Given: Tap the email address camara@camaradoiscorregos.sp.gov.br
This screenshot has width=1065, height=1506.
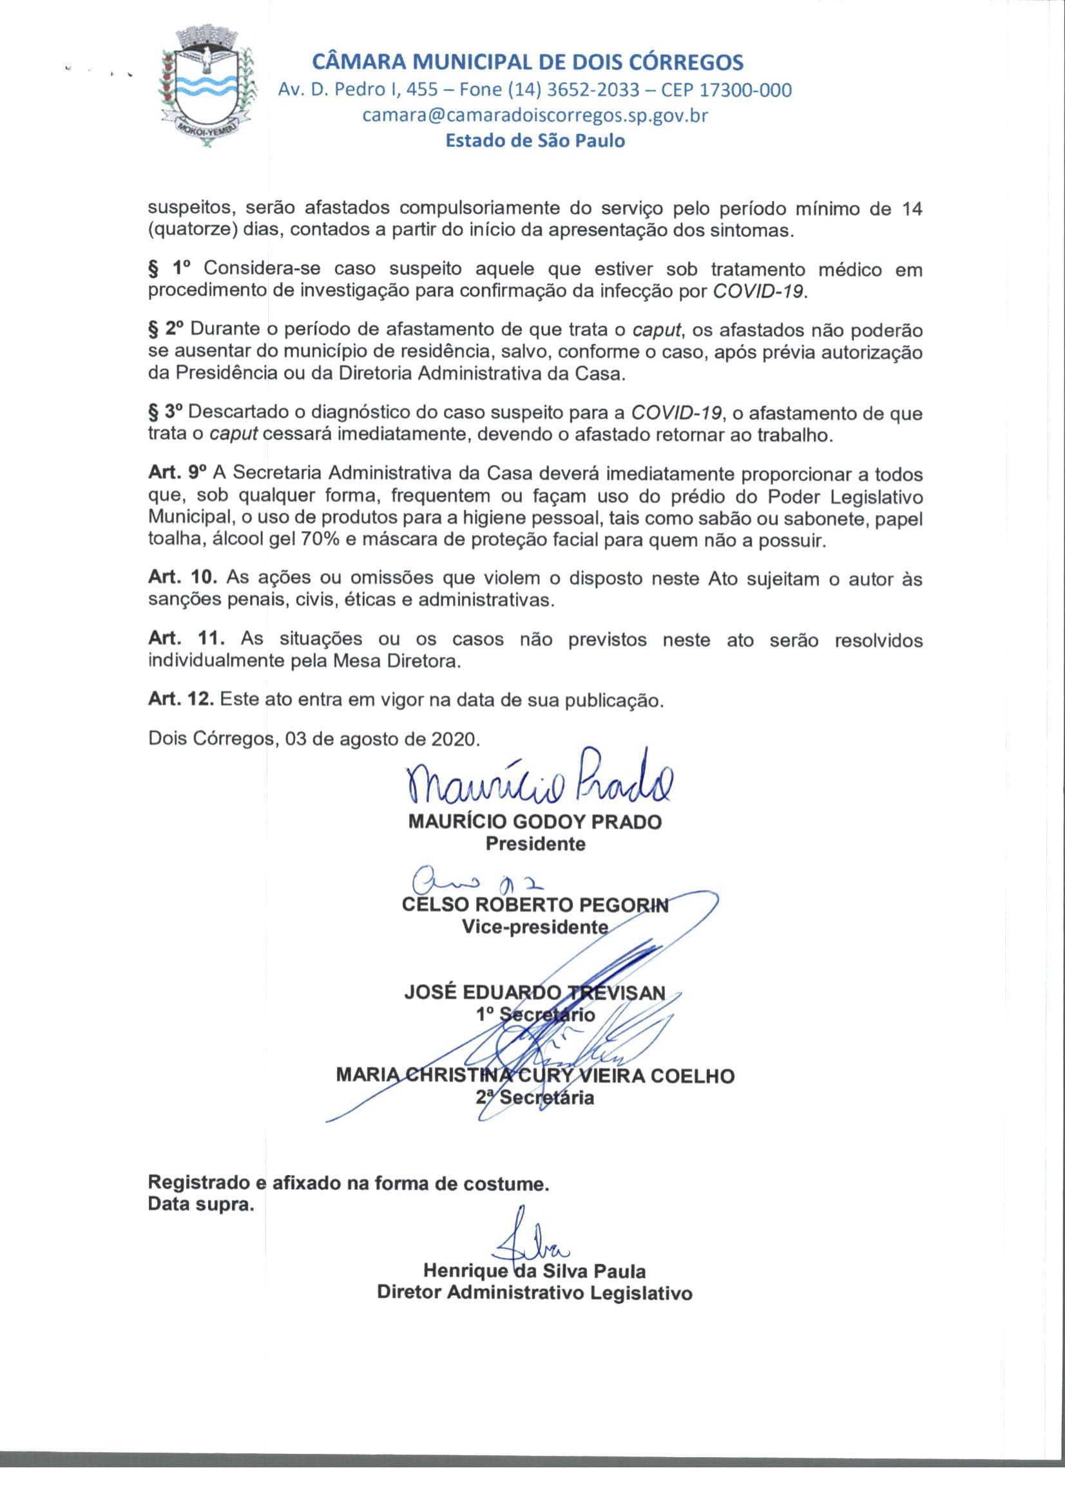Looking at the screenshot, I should point(535,115).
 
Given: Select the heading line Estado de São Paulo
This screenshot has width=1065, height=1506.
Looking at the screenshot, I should point(535,140).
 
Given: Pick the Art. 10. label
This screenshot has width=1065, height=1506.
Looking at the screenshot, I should point(182,578).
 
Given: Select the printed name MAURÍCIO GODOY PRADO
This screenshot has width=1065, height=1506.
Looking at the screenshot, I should point(535,822).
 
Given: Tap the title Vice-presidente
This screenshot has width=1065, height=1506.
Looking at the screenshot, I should point(535,927).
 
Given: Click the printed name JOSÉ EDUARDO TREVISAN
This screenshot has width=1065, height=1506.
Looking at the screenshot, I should point(535,992).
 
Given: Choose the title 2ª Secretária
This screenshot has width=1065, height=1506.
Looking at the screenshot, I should point(535,1097).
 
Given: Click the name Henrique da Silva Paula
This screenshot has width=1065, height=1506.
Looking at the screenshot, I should point(535,1271).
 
